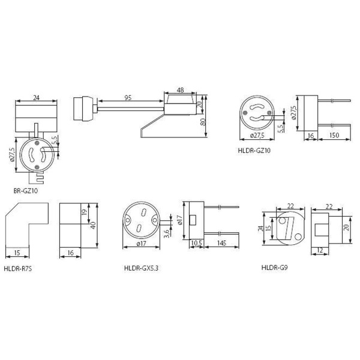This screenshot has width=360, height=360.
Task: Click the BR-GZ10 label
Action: click(25, 191)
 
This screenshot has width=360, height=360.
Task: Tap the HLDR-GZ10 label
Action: click(254, 151)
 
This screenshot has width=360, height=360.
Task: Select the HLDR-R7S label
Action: click(17, 268)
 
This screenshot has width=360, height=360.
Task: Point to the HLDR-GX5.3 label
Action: click(141, 268)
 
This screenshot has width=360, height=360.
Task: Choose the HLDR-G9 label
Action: click(274, 268)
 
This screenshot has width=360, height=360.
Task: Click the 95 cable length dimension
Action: click(128, 98)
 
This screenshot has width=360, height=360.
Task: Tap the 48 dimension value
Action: click(181, 90)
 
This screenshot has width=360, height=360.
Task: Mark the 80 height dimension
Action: click(203, 122)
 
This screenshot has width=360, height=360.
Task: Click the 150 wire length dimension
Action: click(334, 135)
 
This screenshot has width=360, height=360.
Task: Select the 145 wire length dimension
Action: click(221, 243)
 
